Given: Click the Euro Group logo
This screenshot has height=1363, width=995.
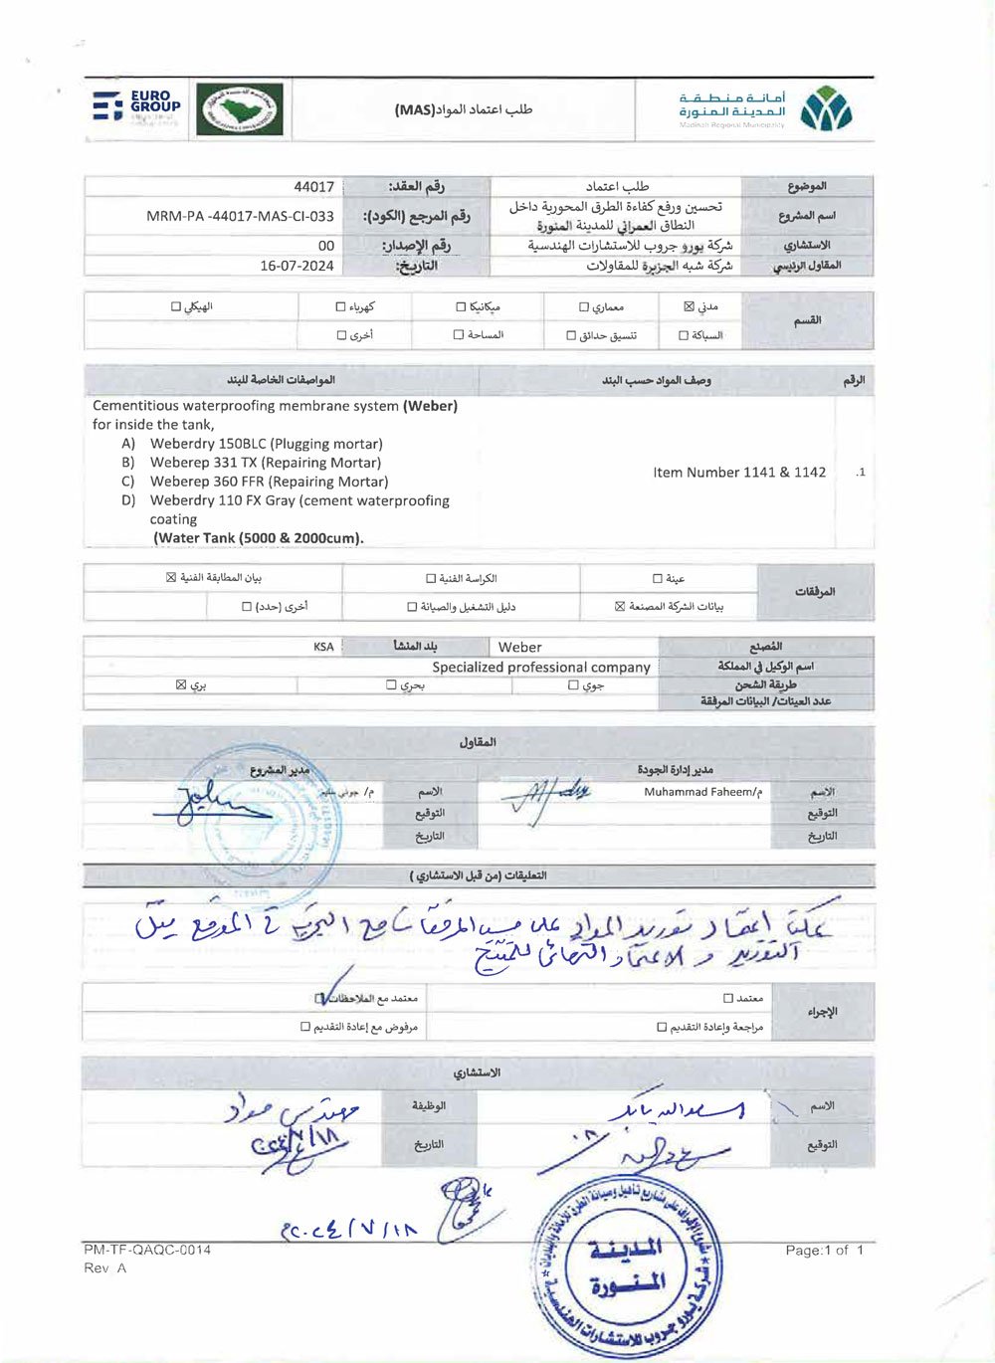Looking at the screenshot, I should coord(136,107).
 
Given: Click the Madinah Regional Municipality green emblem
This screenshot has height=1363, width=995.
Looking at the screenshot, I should coord(827,109).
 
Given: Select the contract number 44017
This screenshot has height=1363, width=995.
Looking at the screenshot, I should coord(313,187).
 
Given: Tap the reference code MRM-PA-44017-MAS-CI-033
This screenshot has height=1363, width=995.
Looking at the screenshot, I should coord(240,216).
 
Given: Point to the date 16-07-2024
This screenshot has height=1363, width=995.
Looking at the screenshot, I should coord(297,266).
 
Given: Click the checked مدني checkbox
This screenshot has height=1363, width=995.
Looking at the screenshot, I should coord(689,306).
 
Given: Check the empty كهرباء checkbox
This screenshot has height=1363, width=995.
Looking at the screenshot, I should coord(341,307).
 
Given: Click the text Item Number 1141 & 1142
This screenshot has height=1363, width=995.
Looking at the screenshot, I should coord(739,473).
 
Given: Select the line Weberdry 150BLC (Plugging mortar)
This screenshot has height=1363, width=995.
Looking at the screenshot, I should coord(266,444).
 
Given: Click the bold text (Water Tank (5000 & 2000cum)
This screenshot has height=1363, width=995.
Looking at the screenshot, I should coord(259,538).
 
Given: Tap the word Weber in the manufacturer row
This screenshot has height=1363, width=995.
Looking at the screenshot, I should coord(519,647).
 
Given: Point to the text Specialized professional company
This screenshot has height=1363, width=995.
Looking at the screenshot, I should coord(541,667).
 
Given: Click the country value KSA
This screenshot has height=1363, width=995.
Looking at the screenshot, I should coord(323,647).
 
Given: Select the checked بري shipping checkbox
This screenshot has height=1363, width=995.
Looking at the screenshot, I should coord(181,684).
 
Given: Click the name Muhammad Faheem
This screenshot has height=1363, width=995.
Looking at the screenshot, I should coord(702,792).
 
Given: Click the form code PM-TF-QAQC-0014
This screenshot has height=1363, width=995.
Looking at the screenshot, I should coord(147,1250).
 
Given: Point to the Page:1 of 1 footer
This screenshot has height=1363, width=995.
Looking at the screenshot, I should coord(824,1250).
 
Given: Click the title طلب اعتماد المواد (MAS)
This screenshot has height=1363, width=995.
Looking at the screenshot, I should coord(463,109).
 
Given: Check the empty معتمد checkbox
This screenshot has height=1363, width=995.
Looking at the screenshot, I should coord(728,998).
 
